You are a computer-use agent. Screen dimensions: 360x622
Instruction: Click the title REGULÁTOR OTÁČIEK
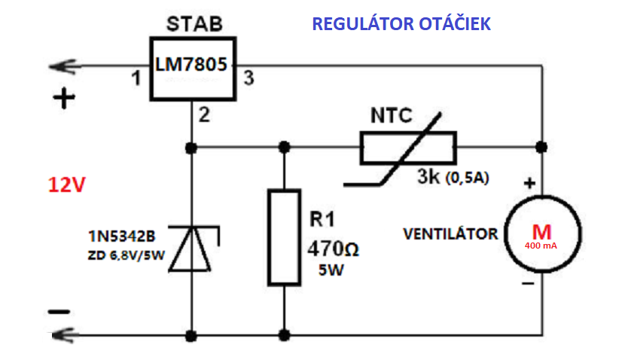(401, 24)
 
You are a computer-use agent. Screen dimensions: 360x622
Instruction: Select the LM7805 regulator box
(191, 67)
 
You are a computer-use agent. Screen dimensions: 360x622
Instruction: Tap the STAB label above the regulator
(193, 24)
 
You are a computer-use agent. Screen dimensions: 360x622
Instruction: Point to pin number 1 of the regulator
(136, 78)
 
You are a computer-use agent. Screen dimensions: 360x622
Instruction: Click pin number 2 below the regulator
(204, 115)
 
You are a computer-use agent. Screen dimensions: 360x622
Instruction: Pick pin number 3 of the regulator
(248, 78)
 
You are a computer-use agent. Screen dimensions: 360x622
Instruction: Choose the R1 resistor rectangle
(285, 236)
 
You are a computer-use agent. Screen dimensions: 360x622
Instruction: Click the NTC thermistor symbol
(407, 148)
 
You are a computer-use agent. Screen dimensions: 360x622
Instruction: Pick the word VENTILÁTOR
(450, 234)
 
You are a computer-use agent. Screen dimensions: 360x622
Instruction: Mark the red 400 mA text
(542, 246)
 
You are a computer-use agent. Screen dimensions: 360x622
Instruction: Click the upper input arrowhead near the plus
(60, 67)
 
